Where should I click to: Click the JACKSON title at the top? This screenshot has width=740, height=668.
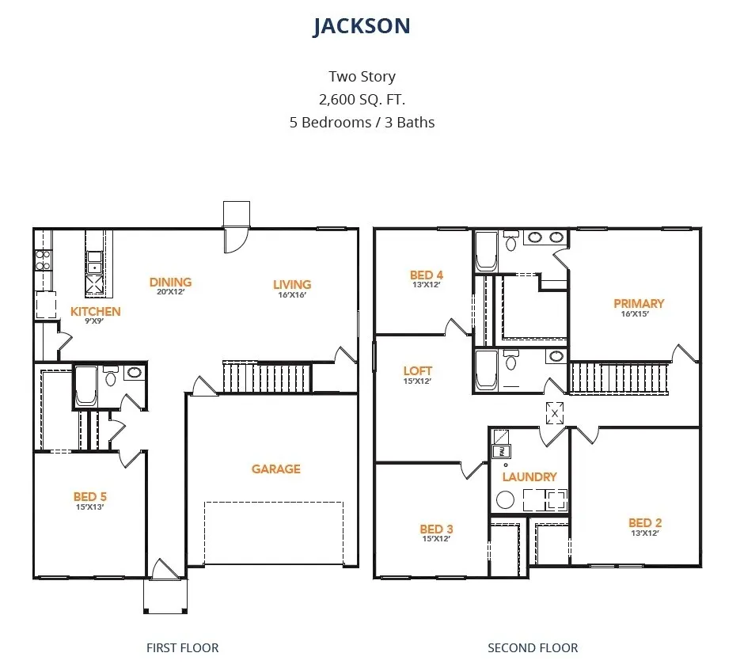(x=362, y=26)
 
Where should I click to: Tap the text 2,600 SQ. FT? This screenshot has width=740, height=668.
(x=362, y=99)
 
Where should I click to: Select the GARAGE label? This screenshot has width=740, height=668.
(x=275, y=469)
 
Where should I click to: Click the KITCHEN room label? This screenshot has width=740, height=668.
(x=96, y=312)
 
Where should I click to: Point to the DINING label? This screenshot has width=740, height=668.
(x=171, y=282)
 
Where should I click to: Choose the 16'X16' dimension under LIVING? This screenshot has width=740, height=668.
(x=291, y=295)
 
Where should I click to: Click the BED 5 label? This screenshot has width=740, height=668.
(x=90, y=497)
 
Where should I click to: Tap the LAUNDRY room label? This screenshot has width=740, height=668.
(x=529, y=476)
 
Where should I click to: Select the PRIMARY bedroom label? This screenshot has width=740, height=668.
(x=638, y=303)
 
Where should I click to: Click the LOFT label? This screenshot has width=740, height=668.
(x=417, y=370)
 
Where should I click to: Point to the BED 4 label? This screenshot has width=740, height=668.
(x=427, y=275)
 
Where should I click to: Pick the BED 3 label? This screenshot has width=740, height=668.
(x=436, y=529)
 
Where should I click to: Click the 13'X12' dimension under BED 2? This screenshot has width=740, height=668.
(x=644, y=533)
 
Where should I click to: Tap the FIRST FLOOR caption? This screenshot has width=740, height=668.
(x=182, y=647)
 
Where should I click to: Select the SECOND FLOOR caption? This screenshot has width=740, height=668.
(x=533, y=647)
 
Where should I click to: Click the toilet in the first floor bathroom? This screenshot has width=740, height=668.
(x=110, y=377)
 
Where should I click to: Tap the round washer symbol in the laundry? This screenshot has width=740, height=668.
(x=504, y=499)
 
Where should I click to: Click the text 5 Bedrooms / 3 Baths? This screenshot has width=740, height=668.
(x=362, y=122)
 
